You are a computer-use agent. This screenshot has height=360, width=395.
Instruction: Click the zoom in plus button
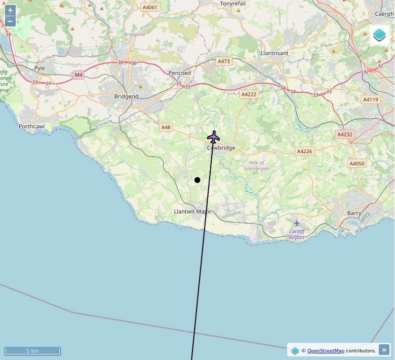10,10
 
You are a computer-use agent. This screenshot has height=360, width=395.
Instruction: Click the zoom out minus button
10,21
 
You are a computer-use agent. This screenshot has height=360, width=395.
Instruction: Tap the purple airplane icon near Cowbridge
214,137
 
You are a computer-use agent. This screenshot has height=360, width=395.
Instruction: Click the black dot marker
197,180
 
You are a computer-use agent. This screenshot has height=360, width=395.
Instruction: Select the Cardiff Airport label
297,234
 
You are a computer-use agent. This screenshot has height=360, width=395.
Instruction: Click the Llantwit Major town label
192,211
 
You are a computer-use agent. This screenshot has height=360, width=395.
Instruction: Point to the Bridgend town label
126,96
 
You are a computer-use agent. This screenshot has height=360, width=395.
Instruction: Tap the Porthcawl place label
32,126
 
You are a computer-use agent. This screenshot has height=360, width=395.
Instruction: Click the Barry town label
354,213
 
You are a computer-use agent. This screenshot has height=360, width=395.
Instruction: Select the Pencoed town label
180,73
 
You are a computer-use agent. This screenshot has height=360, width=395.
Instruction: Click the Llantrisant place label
274,53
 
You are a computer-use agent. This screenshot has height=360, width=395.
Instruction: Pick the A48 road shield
166,127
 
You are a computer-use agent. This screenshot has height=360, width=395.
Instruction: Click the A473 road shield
223,61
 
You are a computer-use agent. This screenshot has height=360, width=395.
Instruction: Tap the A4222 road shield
249,94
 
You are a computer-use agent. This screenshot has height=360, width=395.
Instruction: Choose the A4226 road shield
304,151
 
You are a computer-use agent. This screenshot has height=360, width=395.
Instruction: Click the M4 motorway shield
78,75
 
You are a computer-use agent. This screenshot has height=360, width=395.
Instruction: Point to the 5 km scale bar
32,351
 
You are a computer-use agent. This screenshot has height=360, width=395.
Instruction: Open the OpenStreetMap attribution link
326,350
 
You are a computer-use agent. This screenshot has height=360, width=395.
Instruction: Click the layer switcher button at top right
379,35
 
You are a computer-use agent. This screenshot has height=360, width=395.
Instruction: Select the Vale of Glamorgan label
257,165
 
